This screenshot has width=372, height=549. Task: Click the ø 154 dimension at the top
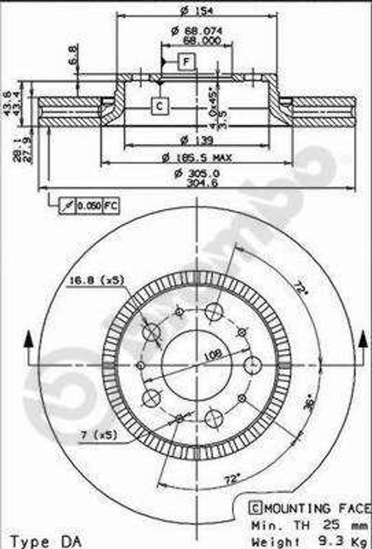(x=196, y=9)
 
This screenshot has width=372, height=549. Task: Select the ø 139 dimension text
(x=196, y=140)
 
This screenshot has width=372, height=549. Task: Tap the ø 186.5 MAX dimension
(x=197, y=158)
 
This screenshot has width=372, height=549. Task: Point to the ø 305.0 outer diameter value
(x=197, y=173)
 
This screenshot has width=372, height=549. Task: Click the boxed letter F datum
(x=186, y=63)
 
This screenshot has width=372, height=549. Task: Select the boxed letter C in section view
(x=159, y=106)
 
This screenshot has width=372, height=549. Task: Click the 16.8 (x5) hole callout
(x=96, y=279)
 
